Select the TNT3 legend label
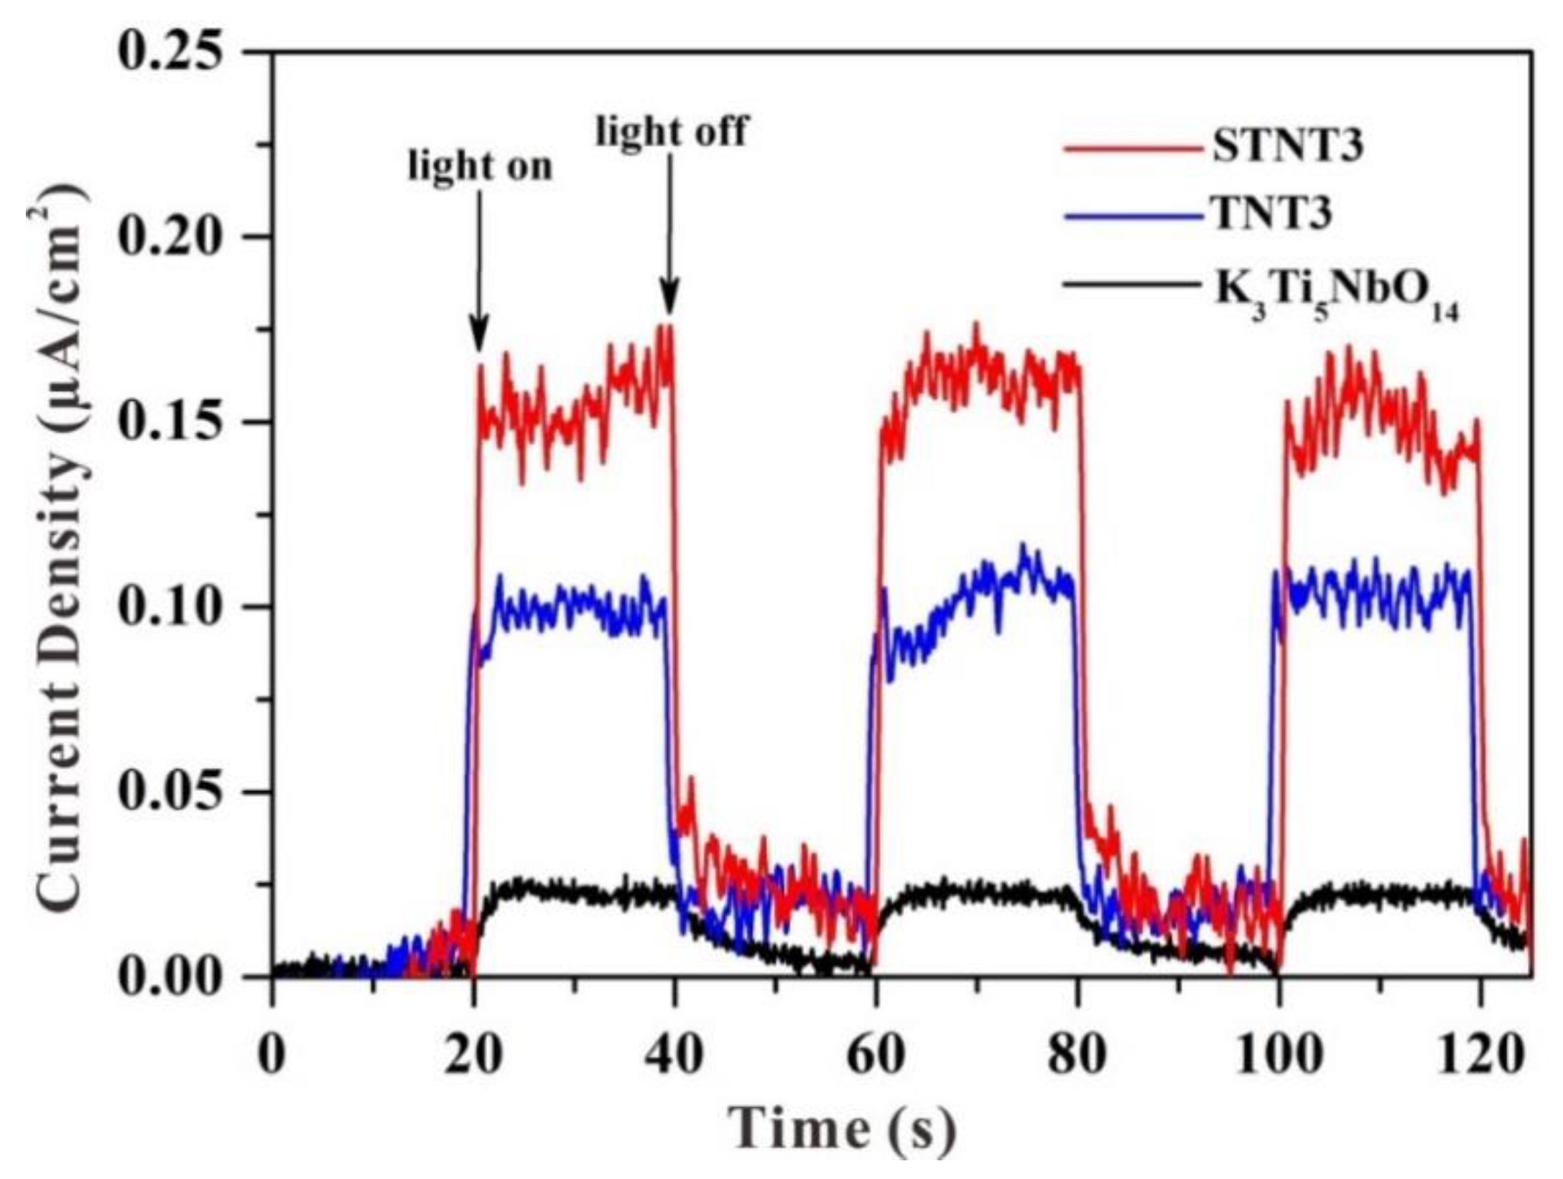click(1272, 215)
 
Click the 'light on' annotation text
click(480, 167)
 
